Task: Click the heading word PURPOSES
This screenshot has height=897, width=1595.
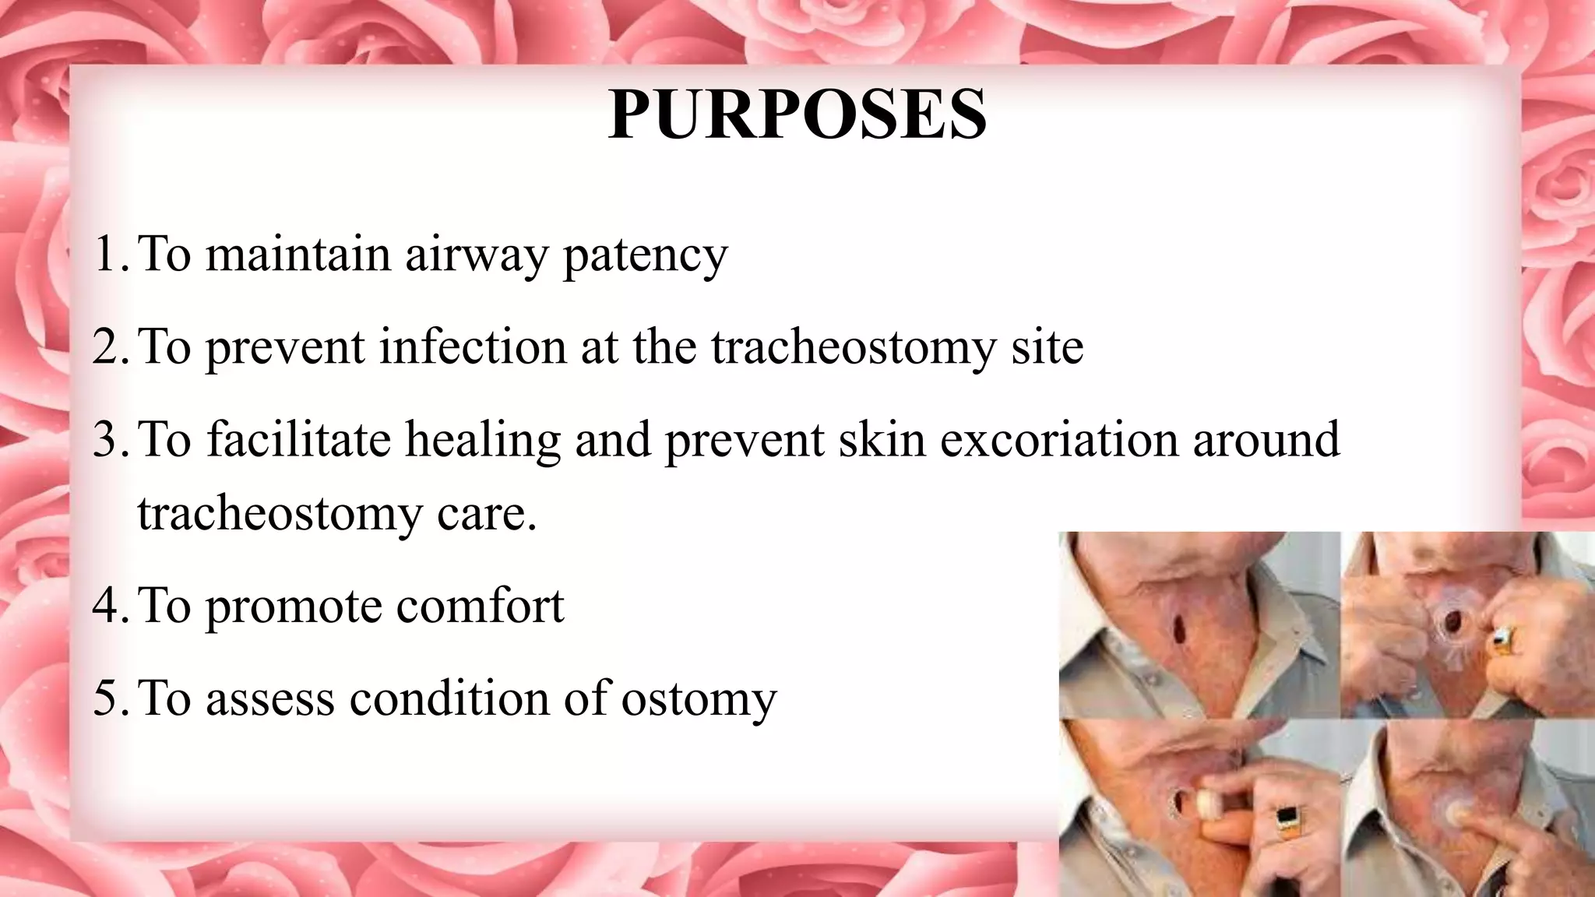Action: pos(797,115)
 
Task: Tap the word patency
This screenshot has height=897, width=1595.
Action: pos(645,255)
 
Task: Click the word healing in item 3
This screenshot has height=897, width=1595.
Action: pos(482,440)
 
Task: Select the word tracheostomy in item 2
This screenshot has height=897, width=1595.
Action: pos(854,347)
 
